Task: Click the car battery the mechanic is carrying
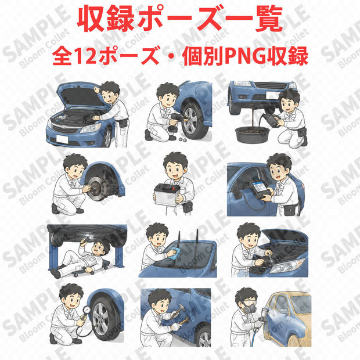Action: click(167, 195)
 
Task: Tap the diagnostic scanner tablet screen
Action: click(260, 188)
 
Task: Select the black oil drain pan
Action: click(252, 135)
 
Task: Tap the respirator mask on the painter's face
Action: click(250, 307)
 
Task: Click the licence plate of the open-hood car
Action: click(63, 139)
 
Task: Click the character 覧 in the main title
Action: click(269, 20)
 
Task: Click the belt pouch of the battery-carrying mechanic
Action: click(188, 207)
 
